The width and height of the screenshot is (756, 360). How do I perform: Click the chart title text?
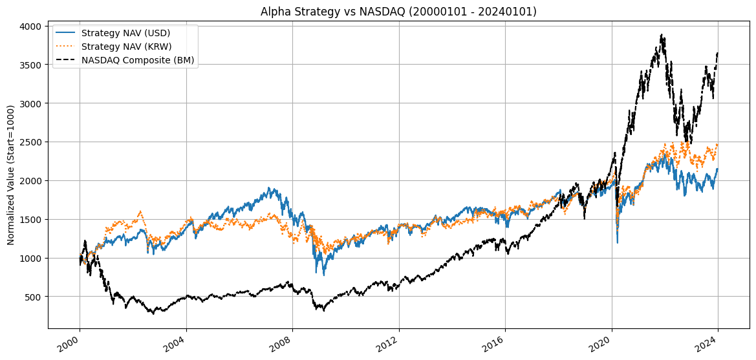coord(398,12)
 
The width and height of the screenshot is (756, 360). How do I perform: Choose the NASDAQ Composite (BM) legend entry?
coord(138,60)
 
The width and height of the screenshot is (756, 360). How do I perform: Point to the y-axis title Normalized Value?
coord(11,176)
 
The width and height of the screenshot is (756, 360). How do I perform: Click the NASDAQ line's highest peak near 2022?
coord(661,35)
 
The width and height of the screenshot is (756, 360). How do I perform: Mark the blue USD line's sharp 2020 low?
coord(617,242)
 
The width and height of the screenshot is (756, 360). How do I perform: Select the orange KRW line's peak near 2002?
coord(140,211)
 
